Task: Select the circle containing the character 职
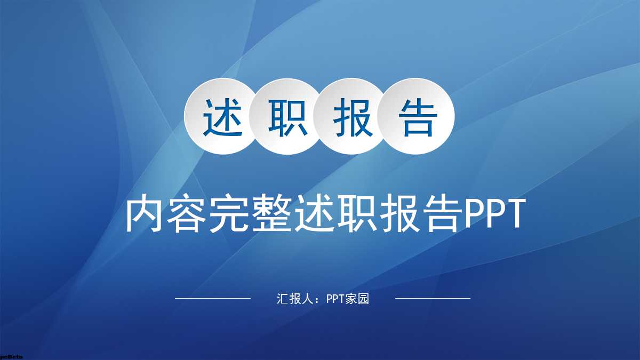pos(286,116)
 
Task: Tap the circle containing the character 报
pos(353,116)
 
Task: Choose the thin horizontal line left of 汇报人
pos(213,298)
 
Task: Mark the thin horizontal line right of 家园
pos(433,298)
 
